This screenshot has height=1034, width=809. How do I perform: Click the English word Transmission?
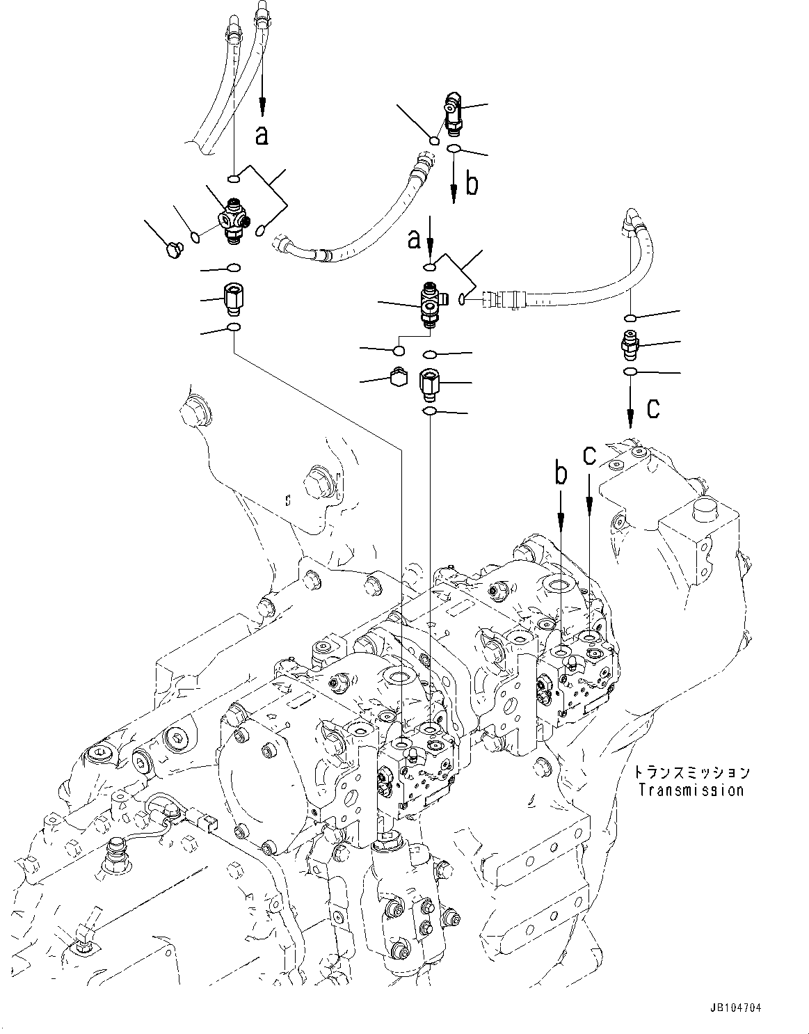pyautogui.click(x=691, y=790)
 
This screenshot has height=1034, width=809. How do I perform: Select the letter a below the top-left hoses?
pyautogui.click(x=262, y=135)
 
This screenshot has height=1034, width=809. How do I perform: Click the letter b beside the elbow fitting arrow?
pyautogui.click(x=472, y=185)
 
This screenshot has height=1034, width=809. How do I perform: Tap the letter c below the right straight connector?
pyautogui.click(x=652, y=409)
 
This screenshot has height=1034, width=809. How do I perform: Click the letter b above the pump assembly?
pyautogui.click(x=561, y=475)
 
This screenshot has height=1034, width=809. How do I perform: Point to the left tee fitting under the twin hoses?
pyautogui.click(x=234, y=221)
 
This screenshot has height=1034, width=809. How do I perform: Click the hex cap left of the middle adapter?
pyautogui.click(x=399, y=377)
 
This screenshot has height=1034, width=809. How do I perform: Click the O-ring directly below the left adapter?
pyautogui.click(x=234, y=328)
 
